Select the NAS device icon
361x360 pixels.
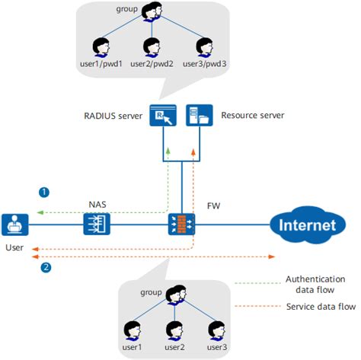pos(97,225)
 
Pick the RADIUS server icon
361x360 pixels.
pos(163,116)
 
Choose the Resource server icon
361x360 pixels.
pos(198,116)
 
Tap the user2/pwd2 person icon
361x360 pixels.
pos(152,46)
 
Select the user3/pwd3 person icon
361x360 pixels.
pos(204,46)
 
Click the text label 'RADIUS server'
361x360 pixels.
pos(112,116)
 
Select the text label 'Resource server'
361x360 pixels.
pos(252,116)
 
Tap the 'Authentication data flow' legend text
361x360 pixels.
pos(315,284)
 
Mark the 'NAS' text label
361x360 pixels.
pos(97,204)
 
